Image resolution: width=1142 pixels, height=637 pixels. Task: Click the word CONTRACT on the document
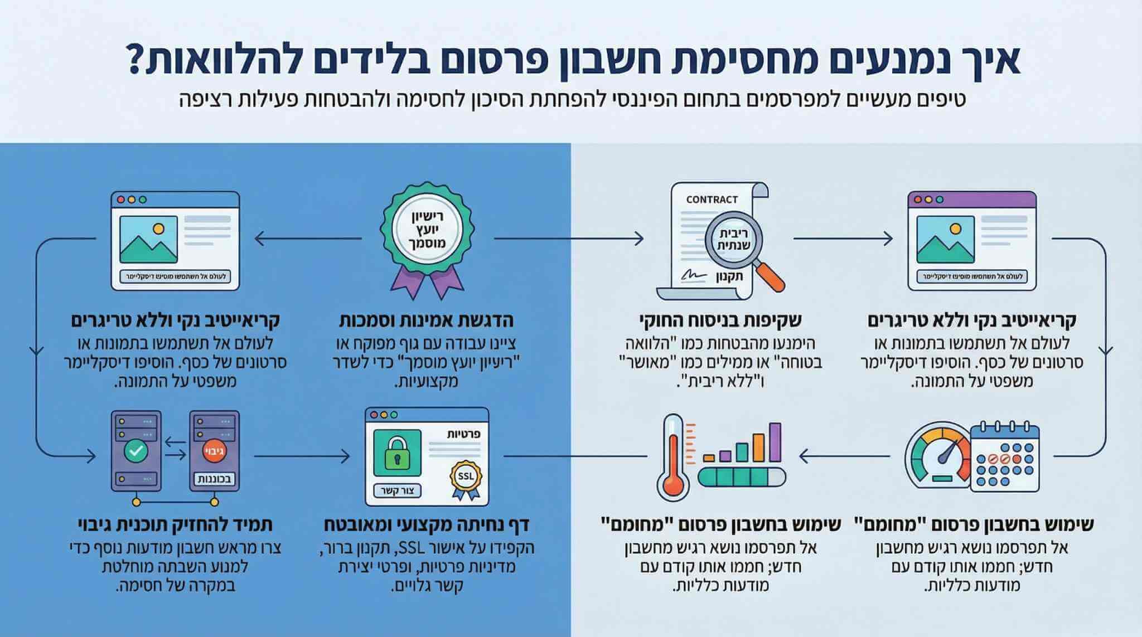(x=712, y=200)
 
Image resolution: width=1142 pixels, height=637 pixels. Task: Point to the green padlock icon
(x=396, y=451)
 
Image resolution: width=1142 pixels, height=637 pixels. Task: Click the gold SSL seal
(x=464, y=476)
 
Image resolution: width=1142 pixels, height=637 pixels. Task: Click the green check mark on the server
(x=136, y=450)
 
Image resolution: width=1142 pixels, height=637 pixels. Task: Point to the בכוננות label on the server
(x=214, y=479)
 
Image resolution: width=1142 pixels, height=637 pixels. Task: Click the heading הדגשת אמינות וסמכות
(x=427, y=321)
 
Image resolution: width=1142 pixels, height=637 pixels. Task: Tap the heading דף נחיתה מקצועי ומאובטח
(x=426, y=525)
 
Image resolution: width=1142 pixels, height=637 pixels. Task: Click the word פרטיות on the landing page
(x=464, y=434)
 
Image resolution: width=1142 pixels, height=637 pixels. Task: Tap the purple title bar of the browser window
(x=971, y=199)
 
